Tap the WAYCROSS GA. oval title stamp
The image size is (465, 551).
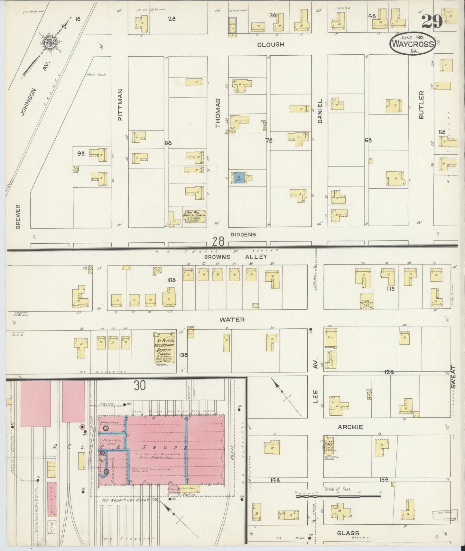pyautogui.click(x=413, y=44)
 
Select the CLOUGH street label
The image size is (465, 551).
pyautogui.click(x=271, y=44)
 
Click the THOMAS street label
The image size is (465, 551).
pyautogui.click(x=218, y=113)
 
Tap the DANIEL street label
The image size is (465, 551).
pyautogui.click(x=320, y=111)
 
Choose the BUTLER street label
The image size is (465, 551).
pyautogui.click(x=422, y=105)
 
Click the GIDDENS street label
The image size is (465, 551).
pyautogui.click(x=243, y=234)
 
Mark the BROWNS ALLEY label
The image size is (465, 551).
pyautogui.click(x=236, y=257)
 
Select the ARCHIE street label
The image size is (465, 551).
pyautogui.click(x=350, y=427)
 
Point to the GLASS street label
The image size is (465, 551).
pyautogui.click(x=348, y=533)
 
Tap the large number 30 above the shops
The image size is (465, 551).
pyautogui.click(x=140, y=385)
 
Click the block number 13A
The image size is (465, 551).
pyautogui.click(x=183, y=355)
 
